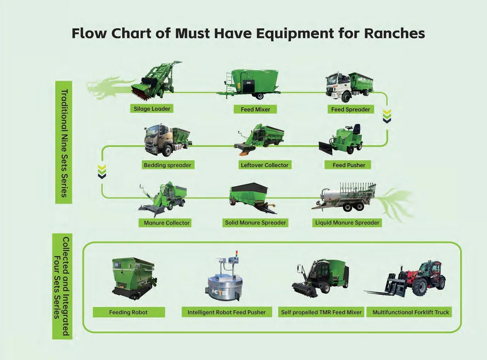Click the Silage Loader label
coord(152,109)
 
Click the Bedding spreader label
coord(167,165)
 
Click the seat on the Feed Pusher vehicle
coord(356,129)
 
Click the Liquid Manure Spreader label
coord(347,223)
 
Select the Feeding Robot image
coord(133,277)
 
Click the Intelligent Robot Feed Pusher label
coord(227,312)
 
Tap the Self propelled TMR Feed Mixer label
coord(321,312)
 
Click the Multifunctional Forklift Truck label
coord(411,312)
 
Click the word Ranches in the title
coord(394,34)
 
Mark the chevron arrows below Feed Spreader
coord(387,117)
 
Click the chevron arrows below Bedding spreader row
coord(102,171)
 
